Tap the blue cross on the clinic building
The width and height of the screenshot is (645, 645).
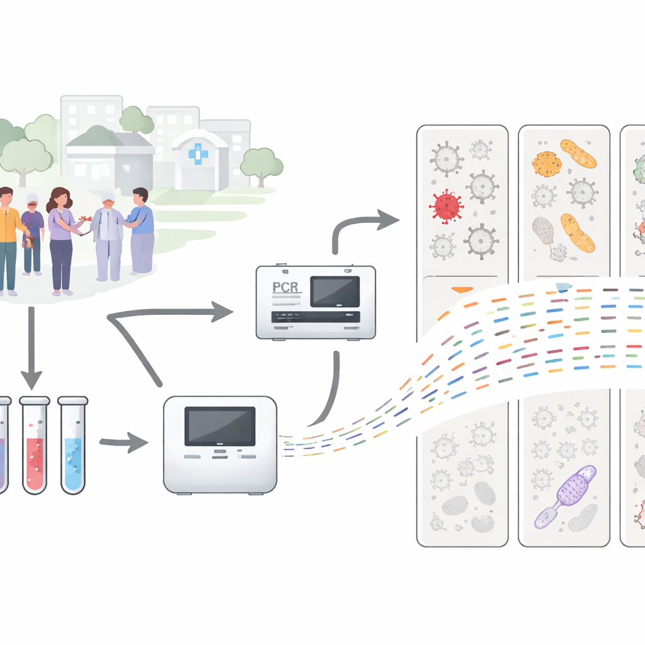tap(198, 154)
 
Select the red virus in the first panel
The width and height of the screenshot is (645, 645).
tap(447, 206)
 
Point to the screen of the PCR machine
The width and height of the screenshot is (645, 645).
tap(335, 292)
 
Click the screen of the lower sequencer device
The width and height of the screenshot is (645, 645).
tap(219, 426)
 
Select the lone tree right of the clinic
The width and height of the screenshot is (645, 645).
tap(261, 162)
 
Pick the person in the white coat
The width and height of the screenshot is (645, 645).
tap(108, 236)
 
